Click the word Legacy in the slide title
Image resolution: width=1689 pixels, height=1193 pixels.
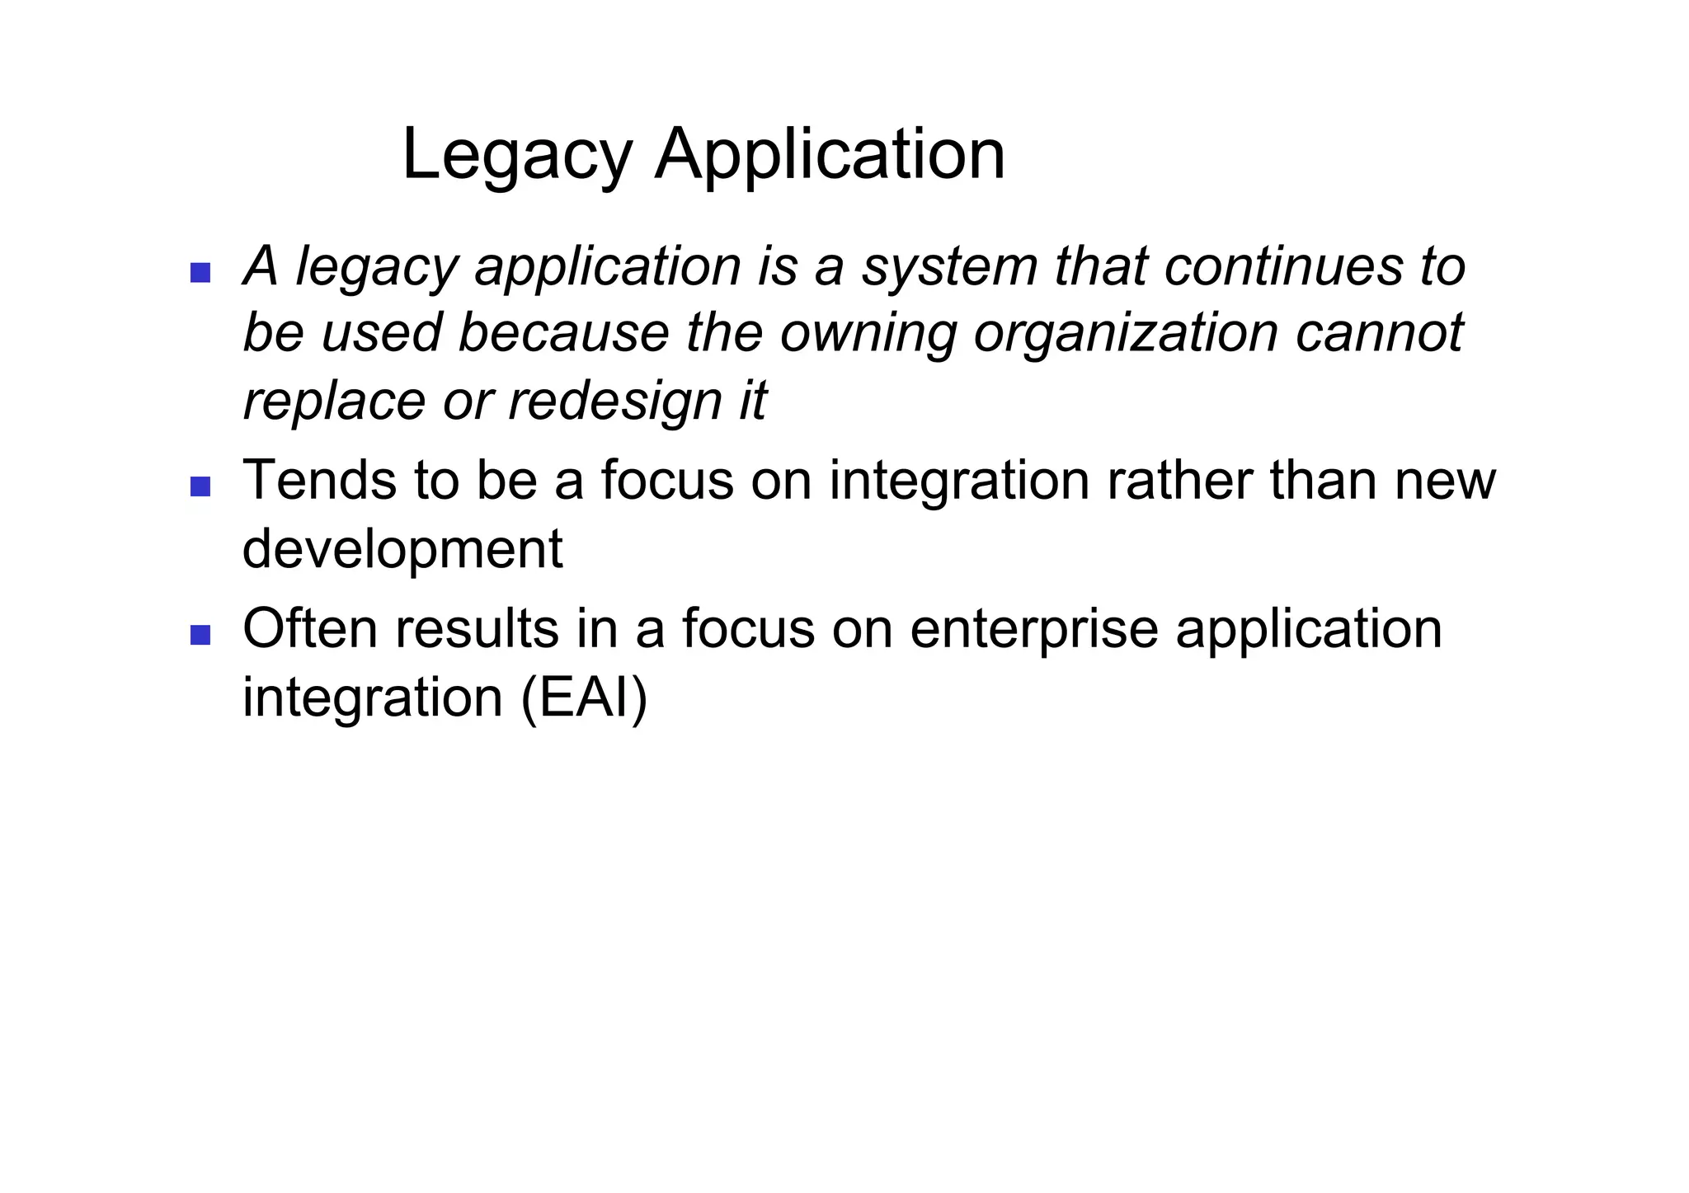(x=517, y=157)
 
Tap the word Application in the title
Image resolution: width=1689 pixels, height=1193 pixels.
(x=830, y=157)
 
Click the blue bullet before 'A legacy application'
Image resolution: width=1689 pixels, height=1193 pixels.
(x=200, y=272)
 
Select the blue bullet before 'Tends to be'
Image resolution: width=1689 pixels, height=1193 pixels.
(x=200, y=486)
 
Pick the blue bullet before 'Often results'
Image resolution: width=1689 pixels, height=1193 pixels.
(x=200, y=635)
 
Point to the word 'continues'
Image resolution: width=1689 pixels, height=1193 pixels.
(x=1283, y=267)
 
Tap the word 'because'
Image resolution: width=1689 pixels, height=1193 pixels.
(x=563, y=333)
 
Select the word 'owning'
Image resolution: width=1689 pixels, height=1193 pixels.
(x=868, y=335)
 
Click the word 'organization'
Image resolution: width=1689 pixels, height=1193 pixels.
(x=1126, y=335)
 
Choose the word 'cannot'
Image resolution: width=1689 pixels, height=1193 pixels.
(x=1380, y=333)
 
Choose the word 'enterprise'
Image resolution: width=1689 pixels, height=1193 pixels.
(x=1034, y=630)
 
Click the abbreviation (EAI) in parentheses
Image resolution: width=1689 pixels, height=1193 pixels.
(x=585, y=698)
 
